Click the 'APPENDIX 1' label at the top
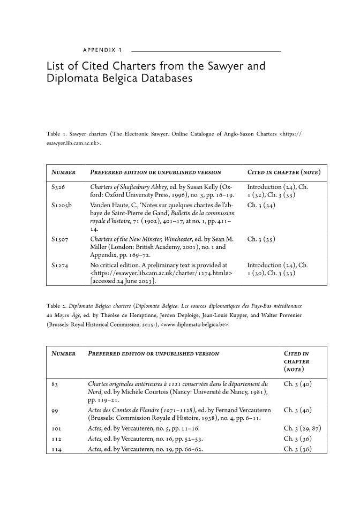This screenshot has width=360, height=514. click(102, 50)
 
